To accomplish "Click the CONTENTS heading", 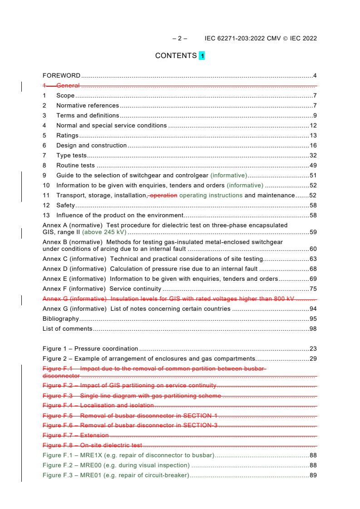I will (176, 56).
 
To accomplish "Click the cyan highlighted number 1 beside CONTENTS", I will (202, 56).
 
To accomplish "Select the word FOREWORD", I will (61, 76).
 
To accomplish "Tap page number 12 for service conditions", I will (313, 126).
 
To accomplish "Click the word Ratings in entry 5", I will (67, 136).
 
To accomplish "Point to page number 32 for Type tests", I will (313, 156).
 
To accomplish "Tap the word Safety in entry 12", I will (65, 206).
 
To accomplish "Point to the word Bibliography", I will (61, 319).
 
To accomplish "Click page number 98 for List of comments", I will (313, 329).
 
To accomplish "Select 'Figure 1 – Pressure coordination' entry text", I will (90, 349).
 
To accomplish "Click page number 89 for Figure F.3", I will (313, 475).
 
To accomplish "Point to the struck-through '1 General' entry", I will (61, 86).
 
